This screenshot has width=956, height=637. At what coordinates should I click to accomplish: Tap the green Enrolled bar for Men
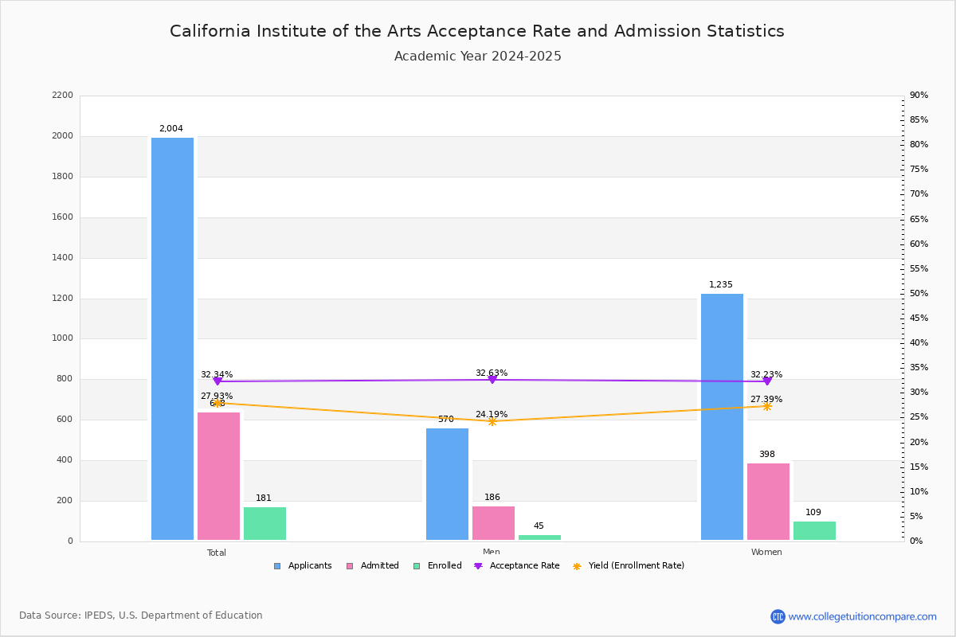click(539, 537)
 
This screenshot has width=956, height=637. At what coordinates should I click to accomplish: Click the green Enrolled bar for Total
click(264, 523)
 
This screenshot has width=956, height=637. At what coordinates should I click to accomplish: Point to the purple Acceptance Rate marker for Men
click(492, 380)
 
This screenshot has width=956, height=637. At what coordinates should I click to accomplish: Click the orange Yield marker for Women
click(766, 406)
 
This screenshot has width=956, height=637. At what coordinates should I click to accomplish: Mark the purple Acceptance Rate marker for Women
click(766, 381)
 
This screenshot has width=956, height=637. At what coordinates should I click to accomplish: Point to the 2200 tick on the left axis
click(62, 96)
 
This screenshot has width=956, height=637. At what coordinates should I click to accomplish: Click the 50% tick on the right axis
click(919, 294)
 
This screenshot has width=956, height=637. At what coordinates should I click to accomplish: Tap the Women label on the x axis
click(766, 553)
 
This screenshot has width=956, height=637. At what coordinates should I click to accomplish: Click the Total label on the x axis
click(217, 553)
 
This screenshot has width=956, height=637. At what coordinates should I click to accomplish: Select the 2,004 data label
click(171, 129)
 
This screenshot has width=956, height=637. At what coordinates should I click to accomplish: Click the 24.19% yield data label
click(492, 415)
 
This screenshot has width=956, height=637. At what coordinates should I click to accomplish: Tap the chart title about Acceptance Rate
click(477, 31)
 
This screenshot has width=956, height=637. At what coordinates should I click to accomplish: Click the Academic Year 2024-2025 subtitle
click(478, 57)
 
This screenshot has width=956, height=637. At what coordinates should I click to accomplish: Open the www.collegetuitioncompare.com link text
click(862, 616)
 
